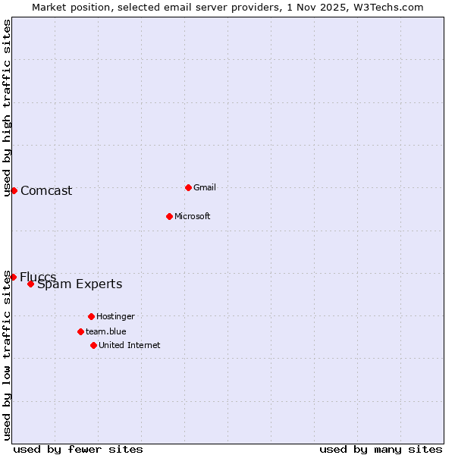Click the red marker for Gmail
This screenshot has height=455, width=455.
[x=188, y=187]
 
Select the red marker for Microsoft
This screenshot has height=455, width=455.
[x=170, y=216]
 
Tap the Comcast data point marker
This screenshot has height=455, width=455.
[x=14, y=190]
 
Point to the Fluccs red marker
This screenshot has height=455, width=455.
[x=13, y=277]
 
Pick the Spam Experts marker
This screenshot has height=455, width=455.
[x=30, y=284]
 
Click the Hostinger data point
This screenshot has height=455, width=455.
[x=91, y=316]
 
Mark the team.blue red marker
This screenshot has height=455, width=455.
[x=80, y=331]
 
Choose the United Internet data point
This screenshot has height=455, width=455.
[x=93, y=345]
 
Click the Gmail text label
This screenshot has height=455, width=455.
[x=205, y=187]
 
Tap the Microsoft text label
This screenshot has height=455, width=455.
[x=193, y=216]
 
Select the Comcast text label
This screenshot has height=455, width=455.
[x=46, y=190]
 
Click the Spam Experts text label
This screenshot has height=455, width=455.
[x=80, y=284]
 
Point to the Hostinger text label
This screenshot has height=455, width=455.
[x=115, y=316]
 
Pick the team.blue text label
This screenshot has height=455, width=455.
[x=106, y=331]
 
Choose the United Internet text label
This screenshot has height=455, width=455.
[x=129, y=345]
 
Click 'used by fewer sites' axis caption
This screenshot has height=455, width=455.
[x=78, y=449]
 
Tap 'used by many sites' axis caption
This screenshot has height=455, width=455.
[x=381, y=449]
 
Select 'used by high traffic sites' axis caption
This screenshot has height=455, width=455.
[x=7, y=108]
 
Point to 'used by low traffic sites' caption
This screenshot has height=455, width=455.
[x=7, y=355]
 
